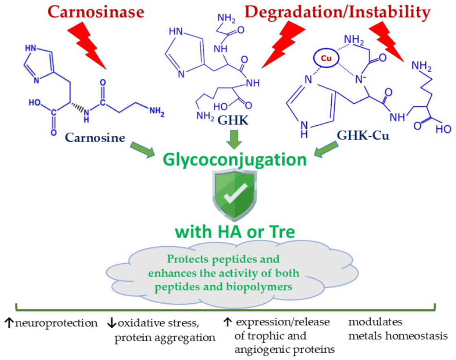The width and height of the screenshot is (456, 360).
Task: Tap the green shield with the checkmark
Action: point(230,196)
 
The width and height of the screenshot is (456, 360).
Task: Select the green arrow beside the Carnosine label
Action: point(142,149)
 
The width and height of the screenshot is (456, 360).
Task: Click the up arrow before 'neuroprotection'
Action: point(9,323)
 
